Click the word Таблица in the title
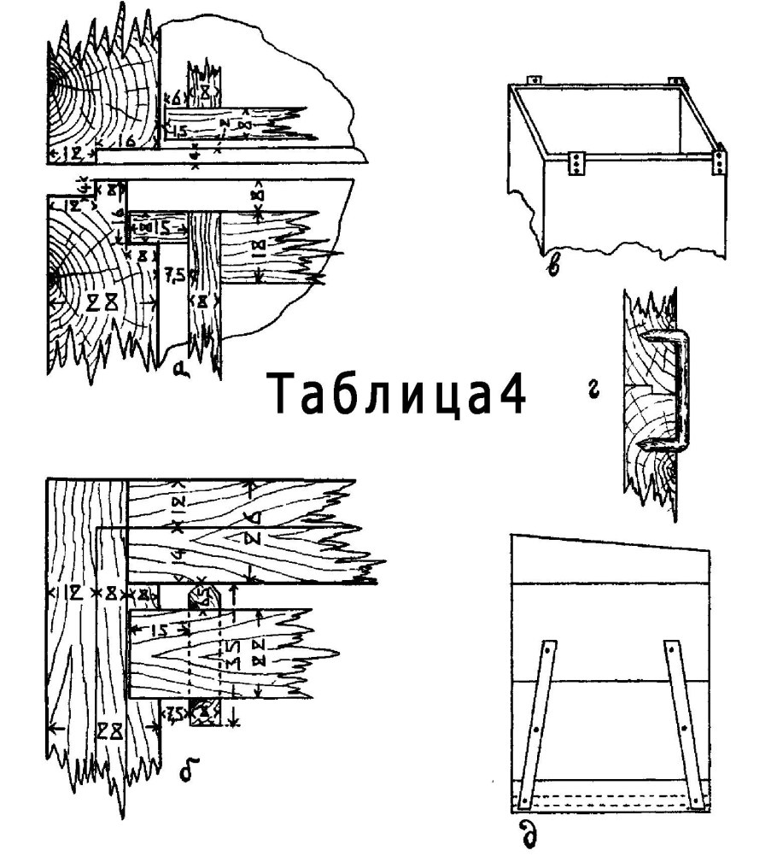[383, 396]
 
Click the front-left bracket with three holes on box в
[578, 162]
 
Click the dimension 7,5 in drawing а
[174, 274]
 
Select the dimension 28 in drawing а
[107, 303]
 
